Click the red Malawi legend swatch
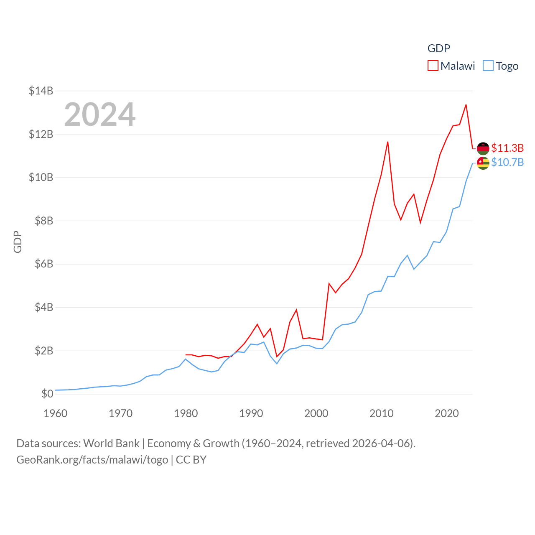[x=433, y=66]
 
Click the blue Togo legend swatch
[x=488, y=66]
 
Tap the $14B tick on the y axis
[x=41, y=91]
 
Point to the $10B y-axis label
[x=41, y=177]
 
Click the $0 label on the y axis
[x=47, y=394]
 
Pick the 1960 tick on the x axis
[x=56, y=413]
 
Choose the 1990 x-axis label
[x=251, y=413]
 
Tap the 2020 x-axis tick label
[x=447, y=413]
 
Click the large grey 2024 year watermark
[x=100, y=115]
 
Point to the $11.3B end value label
[x=507, y=148]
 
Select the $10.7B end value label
[x=507, y=162]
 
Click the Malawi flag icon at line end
[x=483, y=148]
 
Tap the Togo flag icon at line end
[x=483, y=163]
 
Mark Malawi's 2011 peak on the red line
[x=388, y=142]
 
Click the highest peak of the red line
[x=466, y=105]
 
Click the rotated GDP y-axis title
[x=18, y=242]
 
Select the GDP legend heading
[x=439, y=48]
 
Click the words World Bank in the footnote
[x=112, y=443]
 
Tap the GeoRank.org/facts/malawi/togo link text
[x=92, y=460]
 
